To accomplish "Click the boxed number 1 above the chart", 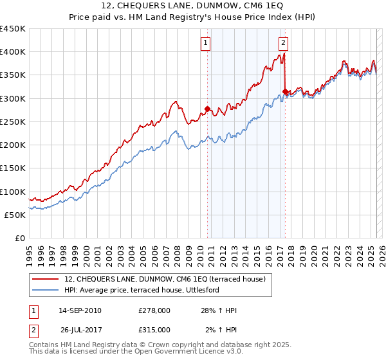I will pos(205,43).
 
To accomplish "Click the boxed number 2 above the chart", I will pos(283,43).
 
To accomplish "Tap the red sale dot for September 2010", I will pos(207,109).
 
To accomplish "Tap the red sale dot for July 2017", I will pos(285,91).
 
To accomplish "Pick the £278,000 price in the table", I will pos(154,310).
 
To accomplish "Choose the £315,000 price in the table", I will pos(154,330).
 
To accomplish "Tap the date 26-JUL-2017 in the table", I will pos(79,330).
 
